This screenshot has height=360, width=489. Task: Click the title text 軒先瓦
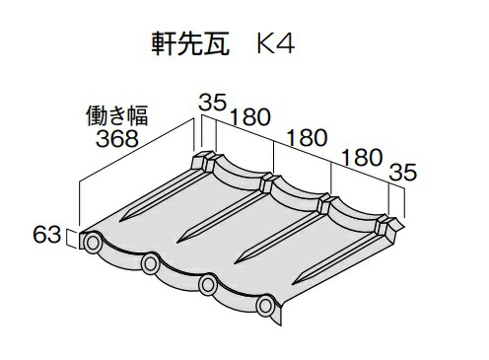[x=190, y=44]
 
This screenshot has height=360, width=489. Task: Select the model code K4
[x=275, y=44]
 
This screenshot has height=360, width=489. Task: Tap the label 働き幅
[x=116, y=115]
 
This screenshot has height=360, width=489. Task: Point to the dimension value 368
[x=117, y=138]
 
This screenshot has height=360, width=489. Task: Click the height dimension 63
[x=47, y=235]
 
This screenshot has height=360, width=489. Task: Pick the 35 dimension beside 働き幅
[x=213, y=103]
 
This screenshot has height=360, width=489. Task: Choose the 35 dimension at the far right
[x=403, y=172]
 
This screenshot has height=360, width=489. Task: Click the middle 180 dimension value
[x=307, y=137]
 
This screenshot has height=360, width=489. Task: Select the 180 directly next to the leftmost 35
[x=250, y=117]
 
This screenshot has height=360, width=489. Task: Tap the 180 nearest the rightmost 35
[x=362, y=158]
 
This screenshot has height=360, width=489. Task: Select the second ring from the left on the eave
[x=150, y=263]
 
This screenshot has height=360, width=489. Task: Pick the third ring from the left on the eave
[x=208, y=285]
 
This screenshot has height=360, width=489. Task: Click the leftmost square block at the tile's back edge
[x=203, y=161]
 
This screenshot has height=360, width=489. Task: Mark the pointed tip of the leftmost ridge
[x=119, y=221]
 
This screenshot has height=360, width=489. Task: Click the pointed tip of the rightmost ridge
[x=292, y=284]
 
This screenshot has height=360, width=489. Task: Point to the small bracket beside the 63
[x=72, y=238]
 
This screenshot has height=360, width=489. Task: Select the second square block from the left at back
[x=267, y=184]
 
